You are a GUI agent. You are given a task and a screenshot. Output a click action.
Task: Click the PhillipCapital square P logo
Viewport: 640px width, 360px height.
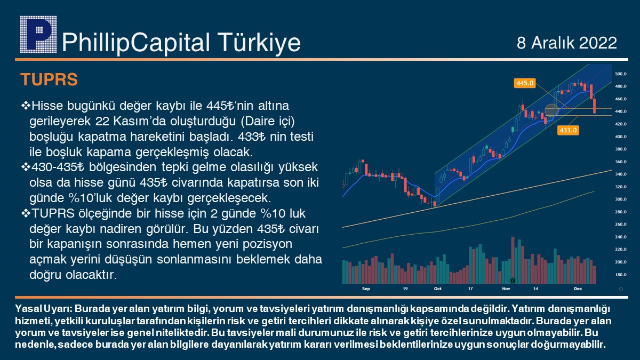tap(38, 35)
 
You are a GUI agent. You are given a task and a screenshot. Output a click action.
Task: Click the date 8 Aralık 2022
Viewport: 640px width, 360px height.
tap(566, 43)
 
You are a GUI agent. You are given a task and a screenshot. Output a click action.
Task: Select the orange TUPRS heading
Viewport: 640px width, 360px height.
tap(49, 79)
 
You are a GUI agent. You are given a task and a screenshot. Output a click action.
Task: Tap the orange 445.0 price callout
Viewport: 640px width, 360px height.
tap(525, 83)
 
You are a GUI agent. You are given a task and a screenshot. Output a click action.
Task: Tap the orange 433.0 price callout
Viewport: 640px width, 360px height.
tap(568, 130)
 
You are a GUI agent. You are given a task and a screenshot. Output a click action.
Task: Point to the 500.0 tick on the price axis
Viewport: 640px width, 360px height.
tap(621, 74)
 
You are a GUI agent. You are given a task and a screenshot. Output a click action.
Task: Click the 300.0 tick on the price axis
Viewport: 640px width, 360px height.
tap(621, 199)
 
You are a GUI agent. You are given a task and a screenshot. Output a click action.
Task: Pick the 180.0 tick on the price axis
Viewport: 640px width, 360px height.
tap(621, 275)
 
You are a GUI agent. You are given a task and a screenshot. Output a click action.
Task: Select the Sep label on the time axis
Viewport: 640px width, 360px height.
tap(366, 289)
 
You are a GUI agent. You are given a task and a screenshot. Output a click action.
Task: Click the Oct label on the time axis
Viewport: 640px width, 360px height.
tap(438, 289)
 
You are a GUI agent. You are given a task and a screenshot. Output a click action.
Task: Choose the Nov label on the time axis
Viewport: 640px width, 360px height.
tap(506, 289)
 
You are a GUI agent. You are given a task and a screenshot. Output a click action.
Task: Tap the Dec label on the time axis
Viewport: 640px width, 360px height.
tap(578, 289)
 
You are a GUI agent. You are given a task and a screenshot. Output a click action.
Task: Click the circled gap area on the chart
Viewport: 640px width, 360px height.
tap(551, 111)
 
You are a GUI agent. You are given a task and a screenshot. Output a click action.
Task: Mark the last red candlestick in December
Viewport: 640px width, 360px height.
tap(595, 106)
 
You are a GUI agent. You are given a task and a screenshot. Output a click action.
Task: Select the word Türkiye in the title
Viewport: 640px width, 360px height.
tap(259, 43)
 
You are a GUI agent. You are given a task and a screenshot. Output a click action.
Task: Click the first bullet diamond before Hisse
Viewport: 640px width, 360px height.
tap(26, 106)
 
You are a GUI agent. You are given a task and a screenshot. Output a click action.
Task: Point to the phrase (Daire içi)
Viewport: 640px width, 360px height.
tap(268, 122)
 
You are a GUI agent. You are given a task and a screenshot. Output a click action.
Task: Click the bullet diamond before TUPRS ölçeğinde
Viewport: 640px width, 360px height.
tap(26, 213)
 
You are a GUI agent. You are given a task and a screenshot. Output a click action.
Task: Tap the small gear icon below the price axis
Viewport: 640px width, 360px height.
tap(621, 289)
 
